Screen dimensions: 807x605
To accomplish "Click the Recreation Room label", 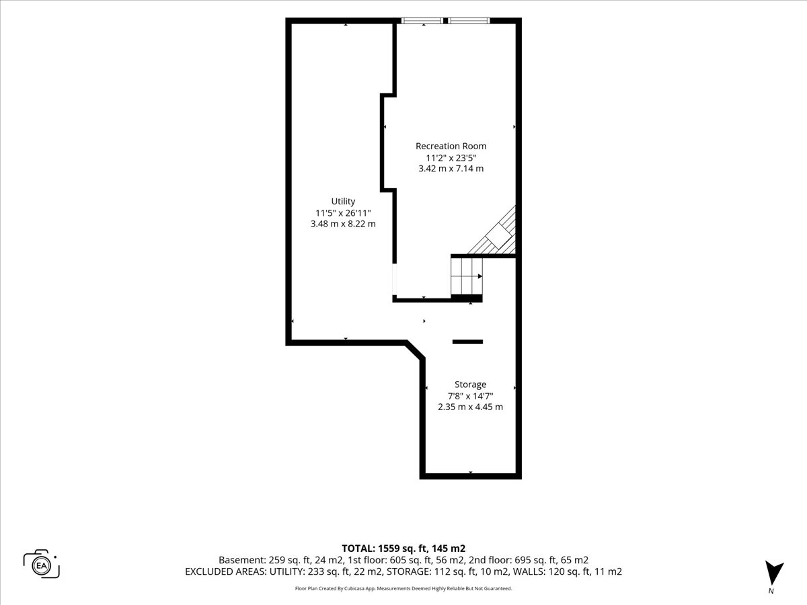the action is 451,146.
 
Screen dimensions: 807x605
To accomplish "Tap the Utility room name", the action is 343,202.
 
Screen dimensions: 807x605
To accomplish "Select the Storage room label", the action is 470,385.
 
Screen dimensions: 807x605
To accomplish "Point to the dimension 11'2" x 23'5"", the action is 451,158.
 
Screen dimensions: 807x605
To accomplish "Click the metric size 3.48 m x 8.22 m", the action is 343,224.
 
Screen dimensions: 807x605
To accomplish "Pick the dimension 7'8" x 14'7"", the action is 470,396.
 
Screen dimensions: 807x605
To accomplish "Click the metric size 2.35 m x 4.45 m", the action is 470,407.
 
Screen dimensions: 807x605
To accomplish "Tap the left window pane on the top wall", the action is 422,21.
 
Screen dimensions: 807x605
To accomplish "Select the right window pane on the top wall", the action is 469,21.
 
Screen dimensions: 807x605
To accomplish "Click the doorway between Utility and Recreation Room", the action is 395,279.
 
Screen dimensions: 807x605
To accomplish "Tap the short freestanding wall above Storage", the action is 467,341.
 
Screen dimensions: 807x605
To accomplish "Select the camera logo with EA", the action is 41,564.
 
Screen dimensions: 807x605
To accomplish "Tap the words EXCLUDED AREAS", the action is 225,571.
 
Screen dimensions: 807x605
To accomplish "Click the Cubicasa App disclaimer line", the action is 403,588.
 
